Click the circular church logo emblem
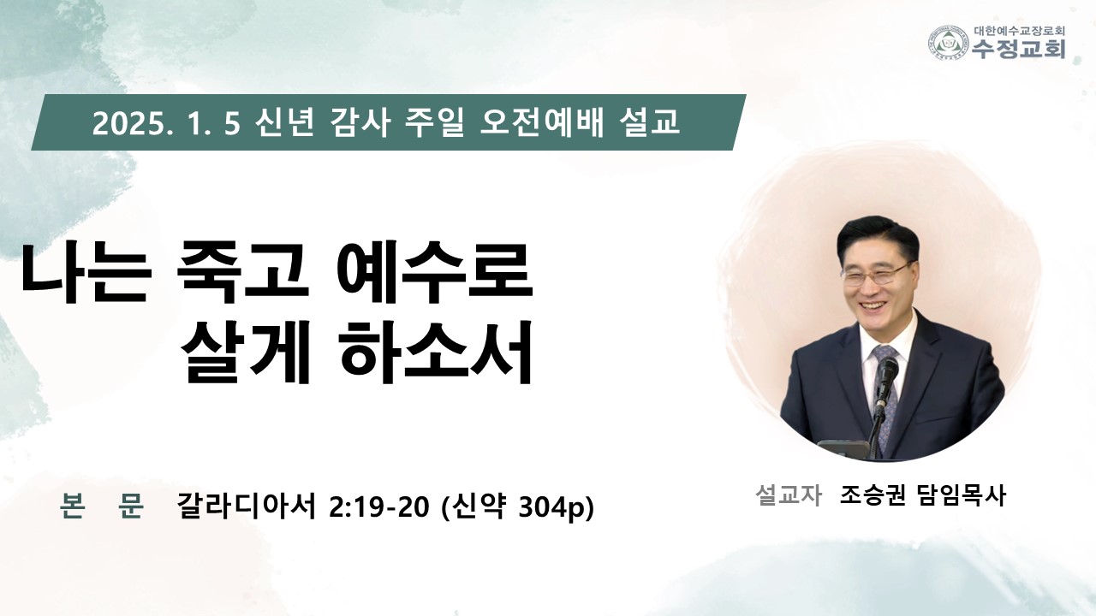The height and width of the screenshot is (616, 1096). (x=949, y=43)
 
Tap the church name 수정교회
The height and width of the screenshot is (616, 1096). (x=1018, y=49)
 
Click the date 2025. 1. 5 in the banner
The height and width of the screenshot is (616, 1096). (x=166, y=124)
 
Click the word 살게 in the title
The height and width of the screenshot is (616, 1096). (x=246, y=351)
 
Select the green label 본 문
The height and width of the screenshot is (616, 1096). (x=102, y=506)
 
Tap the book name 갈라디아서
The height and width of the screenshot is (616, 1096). (x=247, y=506)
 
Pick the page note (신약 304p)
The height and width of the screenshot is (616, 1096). (x=518, y=507)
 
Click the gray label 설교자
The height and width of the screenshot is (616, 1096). (x=789, y=495)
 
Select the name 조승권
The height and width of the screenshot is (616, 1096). (x=873, y=495)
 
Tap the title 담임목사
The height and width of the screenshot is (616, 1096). (x=962, y=495)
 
